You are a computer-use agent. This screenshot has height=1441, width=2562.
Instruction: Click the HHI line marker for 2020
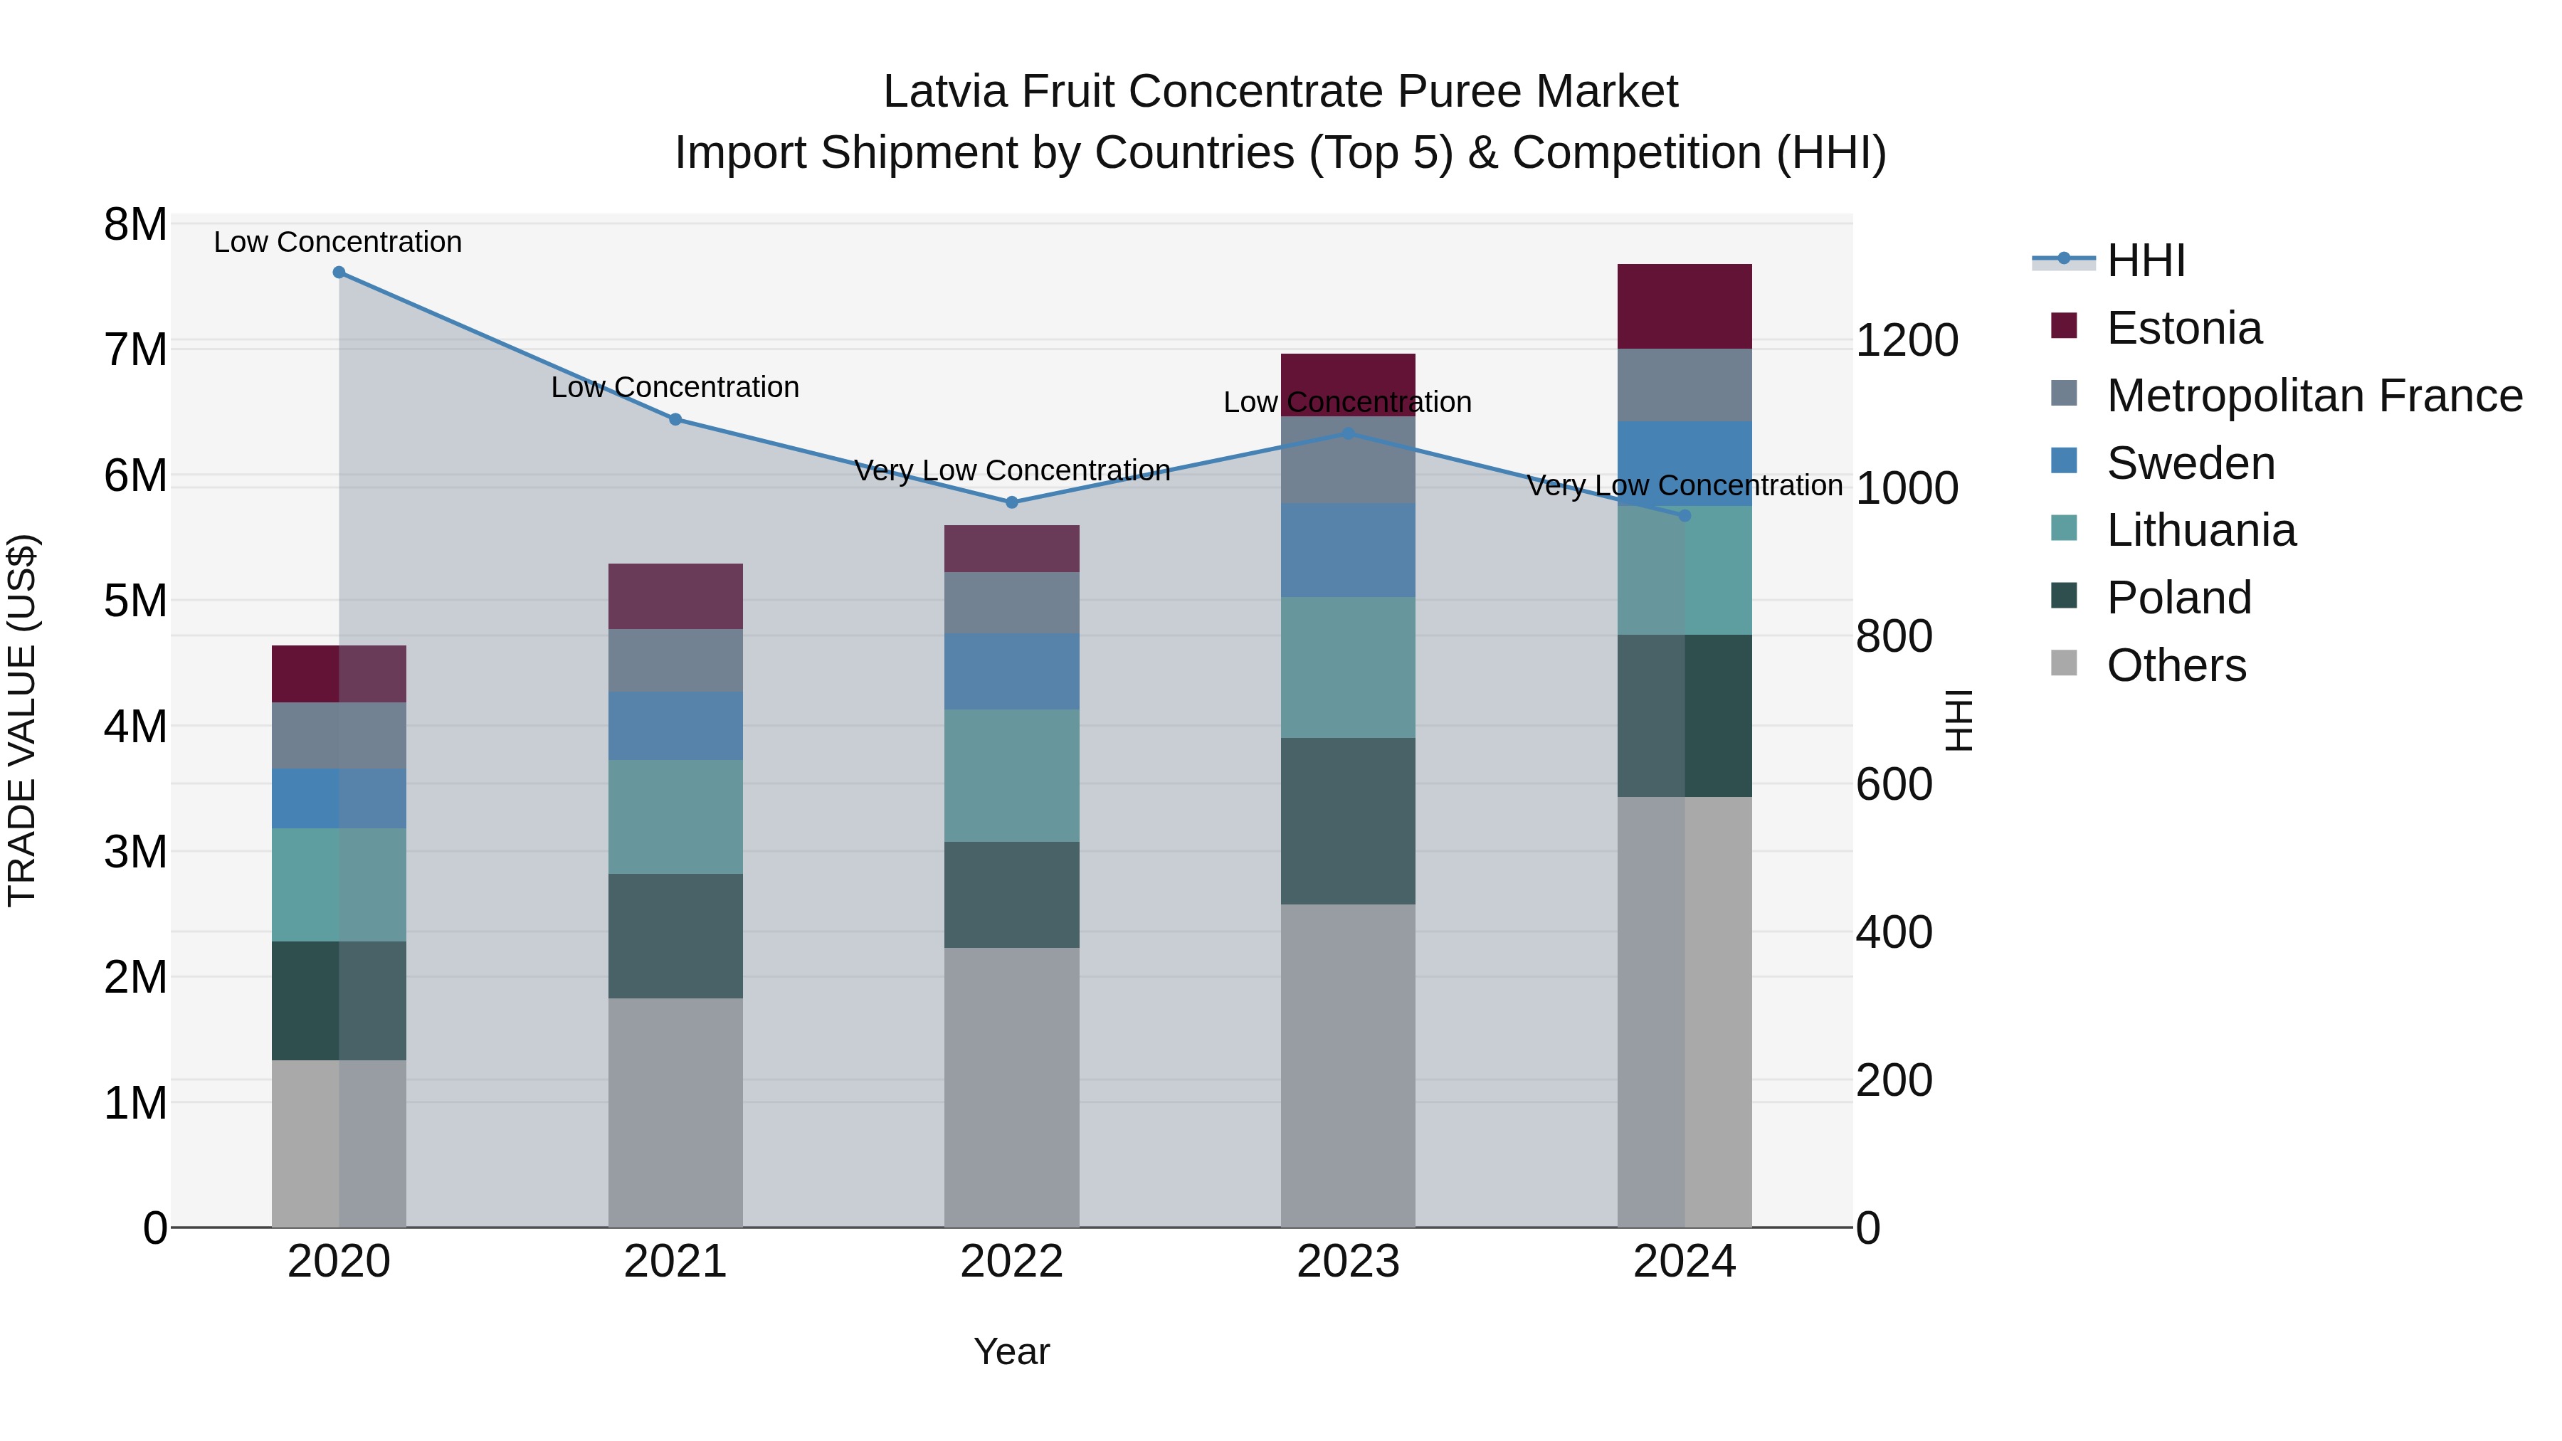pyautogui.click(x=339, y=273)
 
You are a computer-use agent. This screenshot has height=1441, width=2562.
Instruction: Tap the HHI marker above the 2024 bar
pyautogui.click(x=1685, y=515)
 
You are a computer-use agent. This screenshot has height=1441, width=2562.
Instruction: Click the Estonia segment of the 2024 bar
pyautogui.click(x=1685, y=306)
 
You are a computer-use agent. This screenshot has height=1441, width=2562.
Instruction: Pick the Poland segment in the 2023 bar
pyautogui.click(x=1348, y=820)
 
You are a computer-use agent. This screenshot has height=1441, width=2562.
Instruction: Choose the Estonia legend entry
pyautogui.click(x=2183, y=328)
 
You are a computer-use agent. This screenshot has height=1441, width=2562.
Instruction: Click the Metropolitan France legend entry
pyautogui.click(x=2314, y=396)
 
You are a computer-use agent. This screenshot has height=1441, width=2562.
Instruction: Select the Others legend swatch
pyautogui.click(x=2064, y=663)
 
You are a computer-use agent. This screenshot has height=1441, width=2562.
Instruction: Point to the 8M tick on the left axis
pyautogui.click(x=135, y=225)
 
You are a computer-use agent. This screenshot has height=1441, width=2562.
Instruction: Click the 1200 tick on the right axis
pyautogui.click(x=1907, y=341)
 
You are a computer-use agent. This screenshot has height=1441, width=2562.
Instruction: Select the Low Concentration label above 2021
pyautogui.click(x=675, y=387)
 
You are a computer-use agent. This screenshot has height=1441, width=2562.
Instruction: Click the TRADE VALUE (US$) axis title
pyautogui.click(x=22, y=720)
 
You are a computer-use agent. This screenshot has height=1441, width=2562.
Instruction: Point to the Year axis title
pyautogui.click(x=1011, y=1351)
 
